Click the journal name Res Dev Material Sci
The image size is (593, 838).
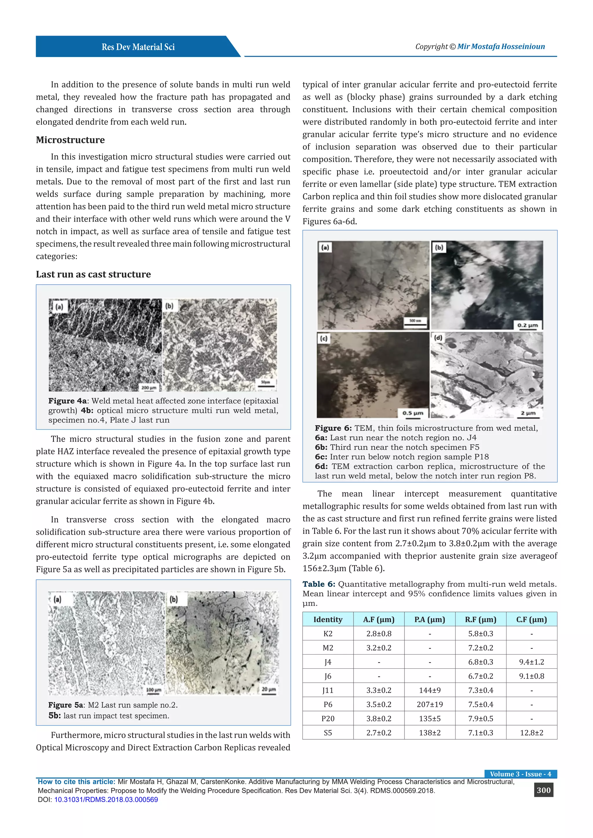coord(138,47)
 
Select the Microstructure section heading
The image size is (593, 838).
coord(70,140)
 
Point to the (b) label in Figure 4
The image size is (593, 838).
coord(169,306)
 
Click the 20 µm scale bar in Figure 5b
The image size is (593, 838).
coord(269,690)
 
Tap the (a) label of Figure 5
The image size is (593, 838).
coord(58,599)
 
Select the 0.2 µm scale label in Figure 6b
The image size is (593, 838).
coord(528,325)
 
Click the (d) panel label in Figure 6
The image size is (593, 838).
coord(438,338)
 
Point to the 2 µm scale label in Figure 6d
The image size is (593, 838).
coord(528,413)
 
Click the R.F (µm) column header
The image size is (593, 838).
coord(481,619)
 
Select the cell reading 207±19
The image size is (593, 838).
coord(430,704)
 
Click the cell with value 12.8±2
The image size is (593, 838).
coord(531,732)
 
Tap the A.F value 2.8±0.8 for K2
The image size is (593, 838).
coord(379,634)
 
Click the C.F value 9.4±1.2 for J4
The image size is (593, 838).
coord(531,662)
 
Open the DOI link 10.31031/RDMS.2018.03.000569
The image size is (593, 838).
coord(106,799)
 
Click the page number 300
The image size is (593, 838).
coord(543,790)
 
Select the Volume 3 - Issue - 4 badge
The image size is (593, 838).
coord(520,774)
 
